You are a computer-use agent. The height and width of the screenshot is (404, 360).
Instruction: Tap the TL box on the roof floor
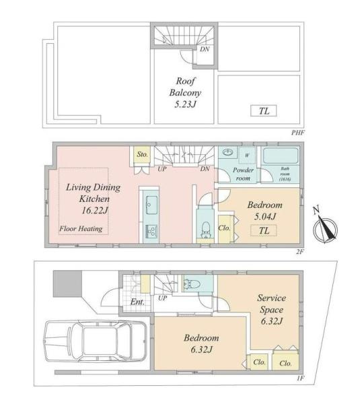tap(264, 111)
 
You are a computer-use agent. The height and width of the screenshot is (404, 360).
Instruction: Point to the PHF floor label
tap(298, 132)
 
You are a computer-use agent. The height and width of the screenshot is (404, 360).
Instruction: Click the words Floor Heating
tap(81, 229)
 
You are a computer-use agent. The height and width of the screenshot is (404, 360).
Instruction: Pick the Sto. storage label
tap(142, 155)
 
